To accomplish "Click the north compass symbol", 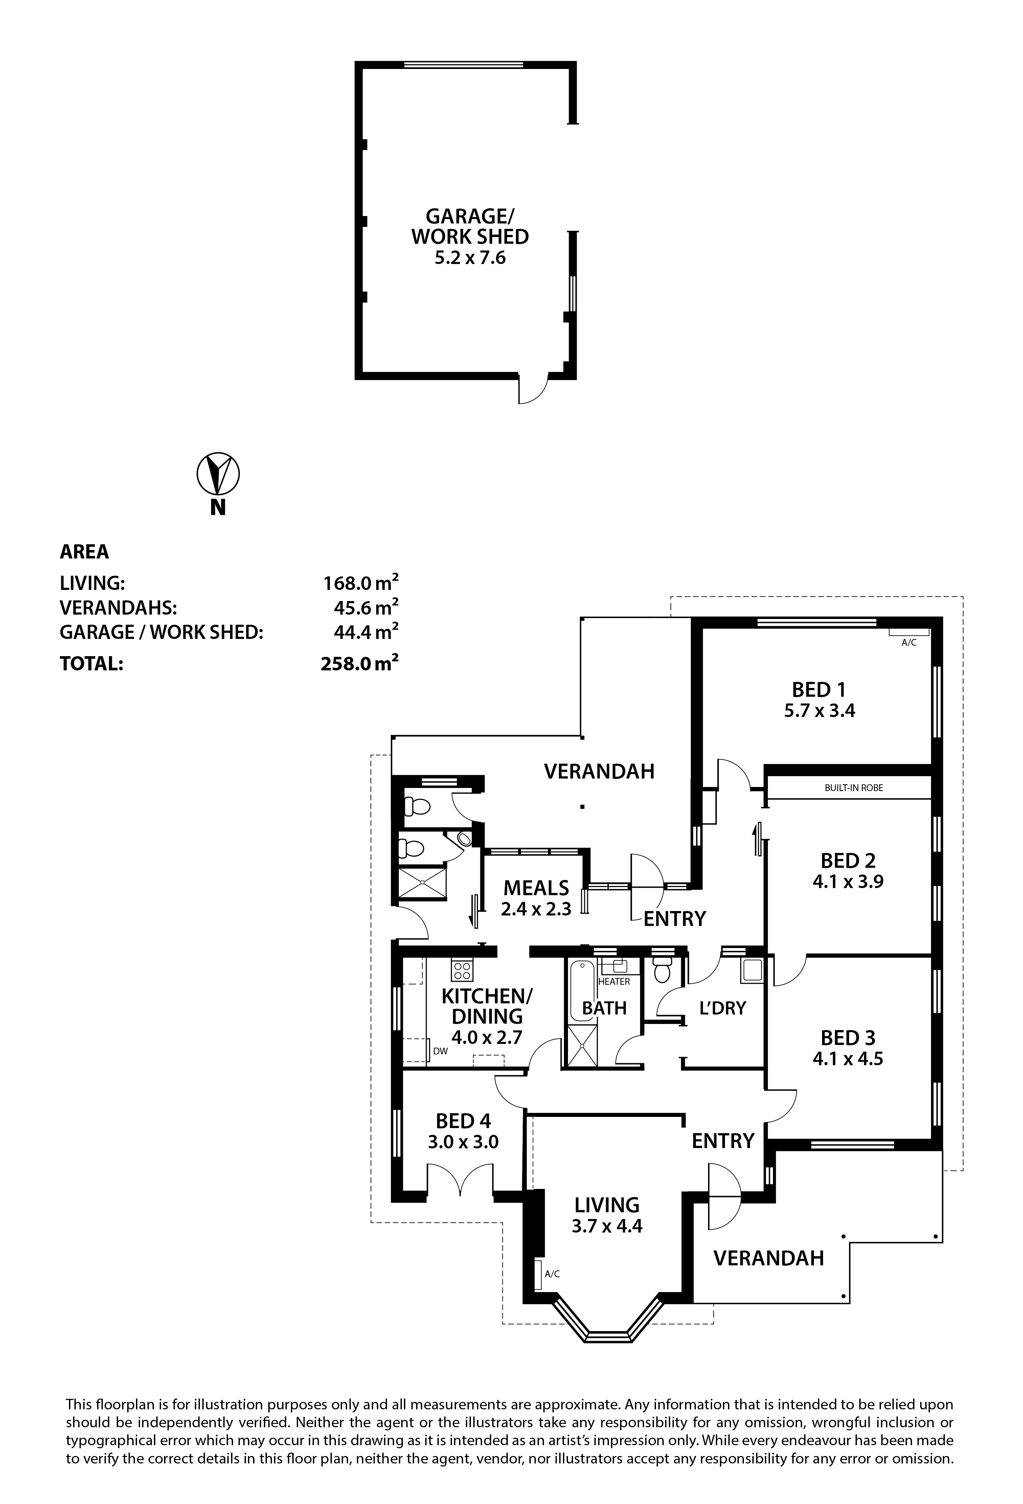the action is pyautogui.click(x=218, y=474).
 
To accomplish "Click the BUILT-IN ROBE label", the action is pyautogui.click(x=854, y=788).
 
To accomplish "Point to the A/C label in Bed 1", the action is pyautogui.click(x=909, y=643).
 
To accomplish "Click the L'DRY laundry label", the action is pyautogui.click(x=723, y=1008).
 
